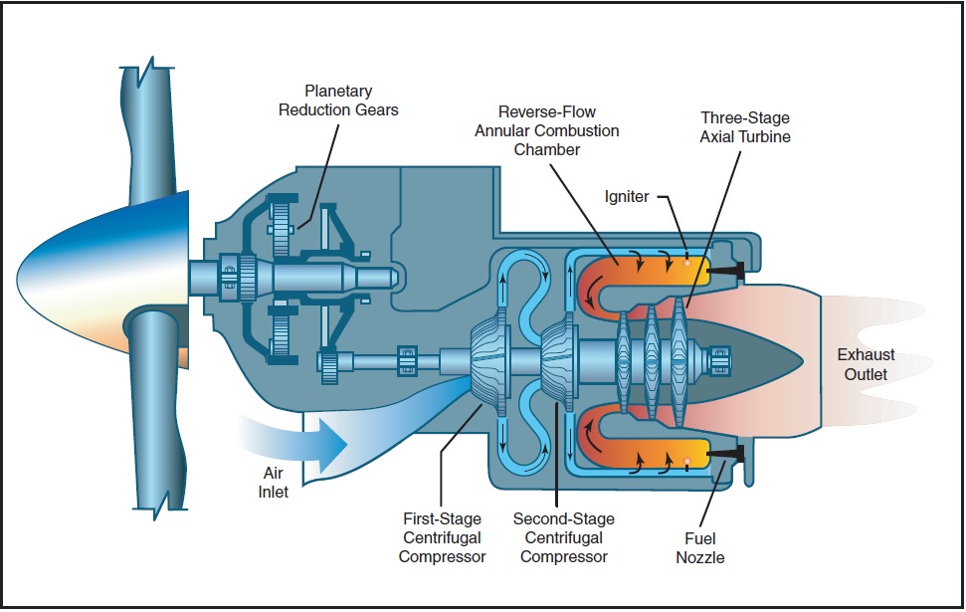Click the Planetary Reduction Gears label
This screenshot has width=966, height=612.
pyautogui.click(x=337, y=100)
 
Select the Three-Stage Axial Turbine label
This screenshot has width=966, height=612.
pyautogui.click(x=745, y=126)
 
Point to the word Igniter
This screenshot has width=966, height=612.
pyautogui.click(x=626, y=197)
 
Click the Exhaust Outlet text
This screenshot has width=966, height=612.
pyautogui.click(x=865, y=364)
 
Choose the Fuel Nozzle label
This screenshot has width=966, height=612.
pyautogui.click(x=699, y=548)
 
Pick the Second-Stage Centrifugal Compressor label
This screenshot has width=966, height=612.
pyautogui.click(x=563, y=537)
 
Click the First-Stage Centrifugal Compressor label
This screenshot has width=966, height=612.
pyautogui.click(x=442, y=537)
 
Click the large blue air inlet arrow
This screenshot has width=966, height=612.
pyautogui.click(x=298, y=439)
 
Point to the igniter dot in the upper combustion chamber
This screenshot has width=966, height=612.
pyautogui.click(x=687, y=264)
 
